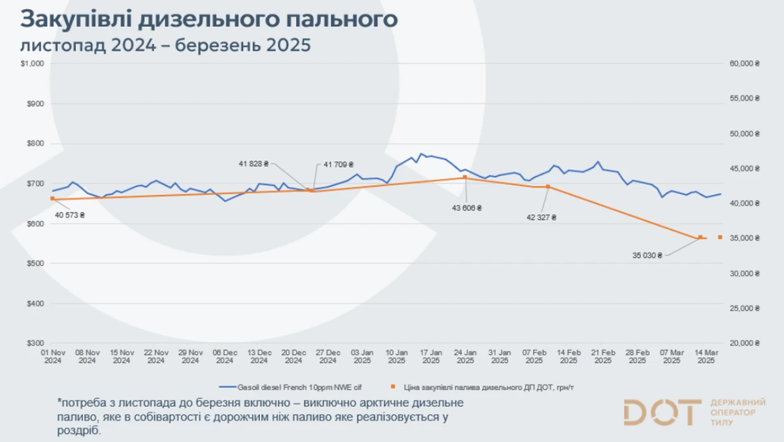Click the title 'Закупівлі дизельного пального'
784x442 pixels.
(x=208, y=19)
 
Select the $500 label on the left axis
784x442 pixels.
(x=34, y=263)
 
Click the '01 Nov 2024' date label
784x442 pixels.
(x=53, y=356)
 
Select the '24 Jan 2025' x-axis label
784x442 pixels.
(x=465, y=356)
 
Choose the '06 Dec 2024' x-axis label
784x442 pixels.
(x=225, y=356)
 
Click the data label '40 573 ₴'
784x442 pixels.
(x=69, y=214)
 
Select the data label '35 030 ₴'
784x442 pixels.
(x=647, y=256)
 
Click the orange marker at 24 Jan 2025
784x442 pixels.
(x=465, y=177)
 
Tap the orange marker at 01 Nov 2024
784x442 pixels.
(x=52, y=198)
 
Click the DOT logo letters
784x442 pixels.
(x=661, y=412)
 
